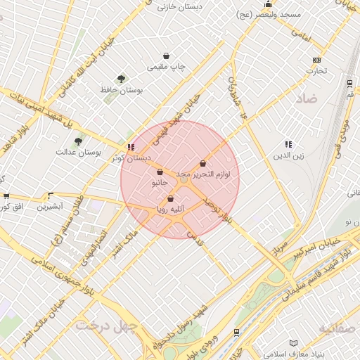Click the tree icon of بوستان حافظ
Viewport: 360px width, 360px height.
122,79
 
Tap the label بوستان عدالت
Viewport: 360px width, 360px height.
79,152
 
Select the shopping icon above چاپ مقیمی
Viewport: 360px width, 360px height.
166,56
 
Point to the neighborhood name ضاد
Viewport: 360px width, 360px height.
307,99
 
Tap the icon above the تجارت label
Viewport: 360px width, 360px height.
317,60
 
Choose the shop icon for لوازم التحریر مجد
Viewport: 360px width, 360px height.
203,163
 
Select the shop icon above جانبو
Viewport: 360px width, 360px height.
160,172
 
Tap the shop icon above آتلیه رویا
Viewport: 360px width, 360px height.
170,198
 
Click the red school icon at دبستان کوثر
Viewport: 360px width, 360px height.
130,147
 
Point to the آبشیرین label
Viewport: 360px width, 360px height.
50,207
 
